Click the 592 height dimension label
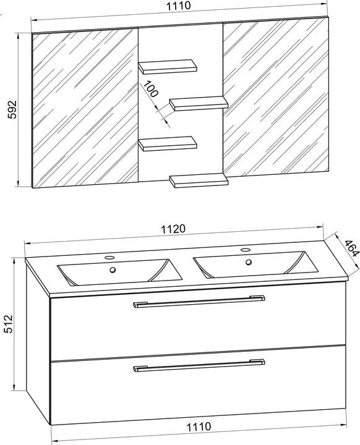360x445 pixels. pos(12,109)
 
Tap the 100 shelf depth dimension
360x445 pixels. pos(150,89)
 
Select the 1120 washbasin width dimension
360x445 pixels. pos(173,229)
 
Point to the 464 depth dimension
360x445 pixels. pos(351,248)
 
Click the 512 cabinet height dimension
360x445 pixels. pos(9,323)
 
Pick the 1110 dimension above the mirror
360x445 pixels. pos(178,6)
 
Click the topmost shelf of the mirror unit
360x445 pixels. pos(168,67)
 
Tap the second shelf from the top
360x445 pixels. pos(199,103)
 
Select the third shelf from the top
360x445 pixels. pos(168,143)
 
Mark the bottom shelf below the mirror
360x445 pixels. pos(199,180)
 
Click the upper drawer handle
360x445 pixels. pos(199,301)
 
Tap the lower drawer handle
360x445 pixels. pos(199,365)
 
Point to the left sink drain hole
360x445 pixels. pos(113,270)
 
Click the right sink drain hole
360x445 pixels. pos(249,262)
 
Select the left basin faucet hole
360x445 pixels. pos(109,258)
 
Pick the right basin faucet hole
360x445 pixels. pos(245,250)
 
